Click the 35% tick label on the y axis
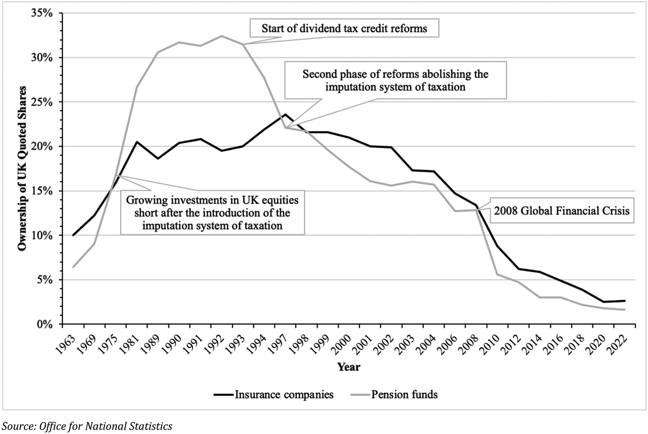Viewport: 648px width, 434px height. coord(43,13)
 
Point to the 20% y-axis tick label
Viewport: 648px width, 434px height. coord(43,146)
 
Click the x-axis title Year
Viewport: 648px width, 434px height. coord(349,367)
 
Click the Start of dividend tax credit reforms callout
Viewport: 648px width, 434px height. coord(344,28)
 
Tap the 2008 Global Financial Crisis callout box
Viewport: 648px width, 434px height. coord(562,211)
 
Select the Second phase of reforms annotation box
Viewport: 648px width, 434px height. coord(395,80)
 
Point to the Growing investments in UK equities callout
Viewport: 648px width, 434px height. coord(212,213)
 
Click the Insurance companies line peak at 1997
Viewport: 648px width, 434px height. coord(285,114)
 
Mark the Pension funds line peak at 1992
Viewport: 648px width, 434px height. coord(221,36)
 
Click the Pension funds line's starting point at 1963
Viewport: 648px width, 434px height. coord(73,267)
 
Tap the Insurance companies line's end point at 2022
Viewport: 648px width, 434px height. coord(625,301)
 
